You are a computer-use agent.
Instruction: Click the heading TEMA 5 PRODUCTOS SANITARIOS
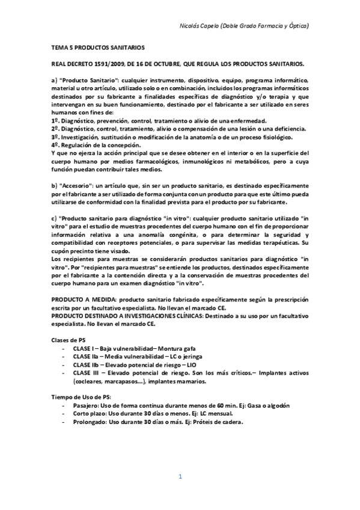(x=99, y=46)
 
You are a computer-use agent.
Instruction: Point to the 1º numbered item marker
(x=55, y=120)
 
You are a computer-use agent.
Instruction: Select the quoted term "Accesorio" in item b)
(x=79, y=179)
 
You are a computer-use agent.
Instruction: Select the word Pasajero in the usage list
(x=86, y=406)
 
